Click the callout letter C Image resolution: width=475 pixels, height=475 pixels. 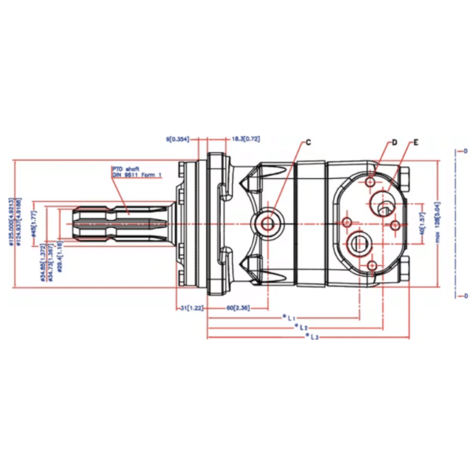click(x=309, y=142)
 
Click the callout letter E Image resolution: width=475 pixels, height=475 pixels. click(x=415, y=142)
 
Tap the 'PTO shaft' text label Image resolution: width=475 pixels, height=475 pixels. click(x=125, y=169)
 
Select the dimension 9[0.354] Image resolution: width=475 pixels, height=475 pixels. click(x=179, y=139)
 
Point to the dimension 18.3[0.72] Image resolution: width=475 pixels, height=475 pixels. click(x=245, y=139)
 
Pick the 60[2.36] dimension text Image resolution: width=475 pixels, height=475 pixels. click(x=238, y=306)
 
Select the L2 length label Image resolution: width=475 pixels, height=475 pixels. click(x=301, y=326)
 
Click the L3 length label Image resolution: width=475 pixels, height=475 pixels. click(x=313, y=336)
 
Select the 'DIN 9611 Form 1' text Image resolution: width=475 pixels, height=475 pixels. click(x=136, y=175)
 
